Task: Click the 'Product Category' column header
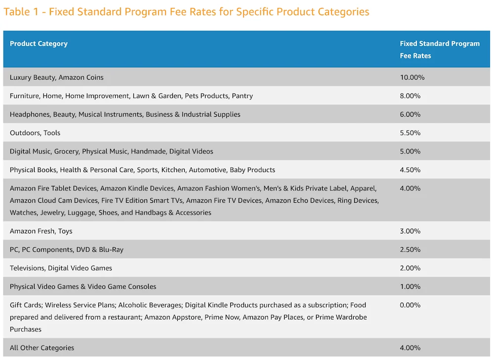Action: click(39, 44)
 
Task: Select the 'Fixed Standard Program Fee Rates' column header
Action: click(440, 49)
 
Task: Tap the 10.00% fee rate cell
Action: click(412, 77)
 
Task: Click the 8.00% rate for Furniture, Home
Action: click(410, 96)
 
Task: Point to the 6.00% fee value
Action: click(410, 114)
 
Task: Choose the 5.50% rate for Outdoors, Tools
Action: click(410, 133)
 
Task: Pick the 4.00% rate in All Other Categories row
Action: click(410, 348)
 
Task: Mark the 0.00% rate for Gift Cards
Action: click(410, 305)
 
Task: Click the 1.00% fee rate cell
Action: click(410, 286)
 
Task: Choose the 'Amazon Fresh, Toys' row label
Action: click(41, 231)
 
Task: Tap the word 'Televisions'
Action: click(27, 268)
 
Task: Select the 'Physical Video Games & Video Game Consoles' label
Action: click(83, 286)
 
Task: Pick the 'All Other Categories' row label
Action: click(42, 348)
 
